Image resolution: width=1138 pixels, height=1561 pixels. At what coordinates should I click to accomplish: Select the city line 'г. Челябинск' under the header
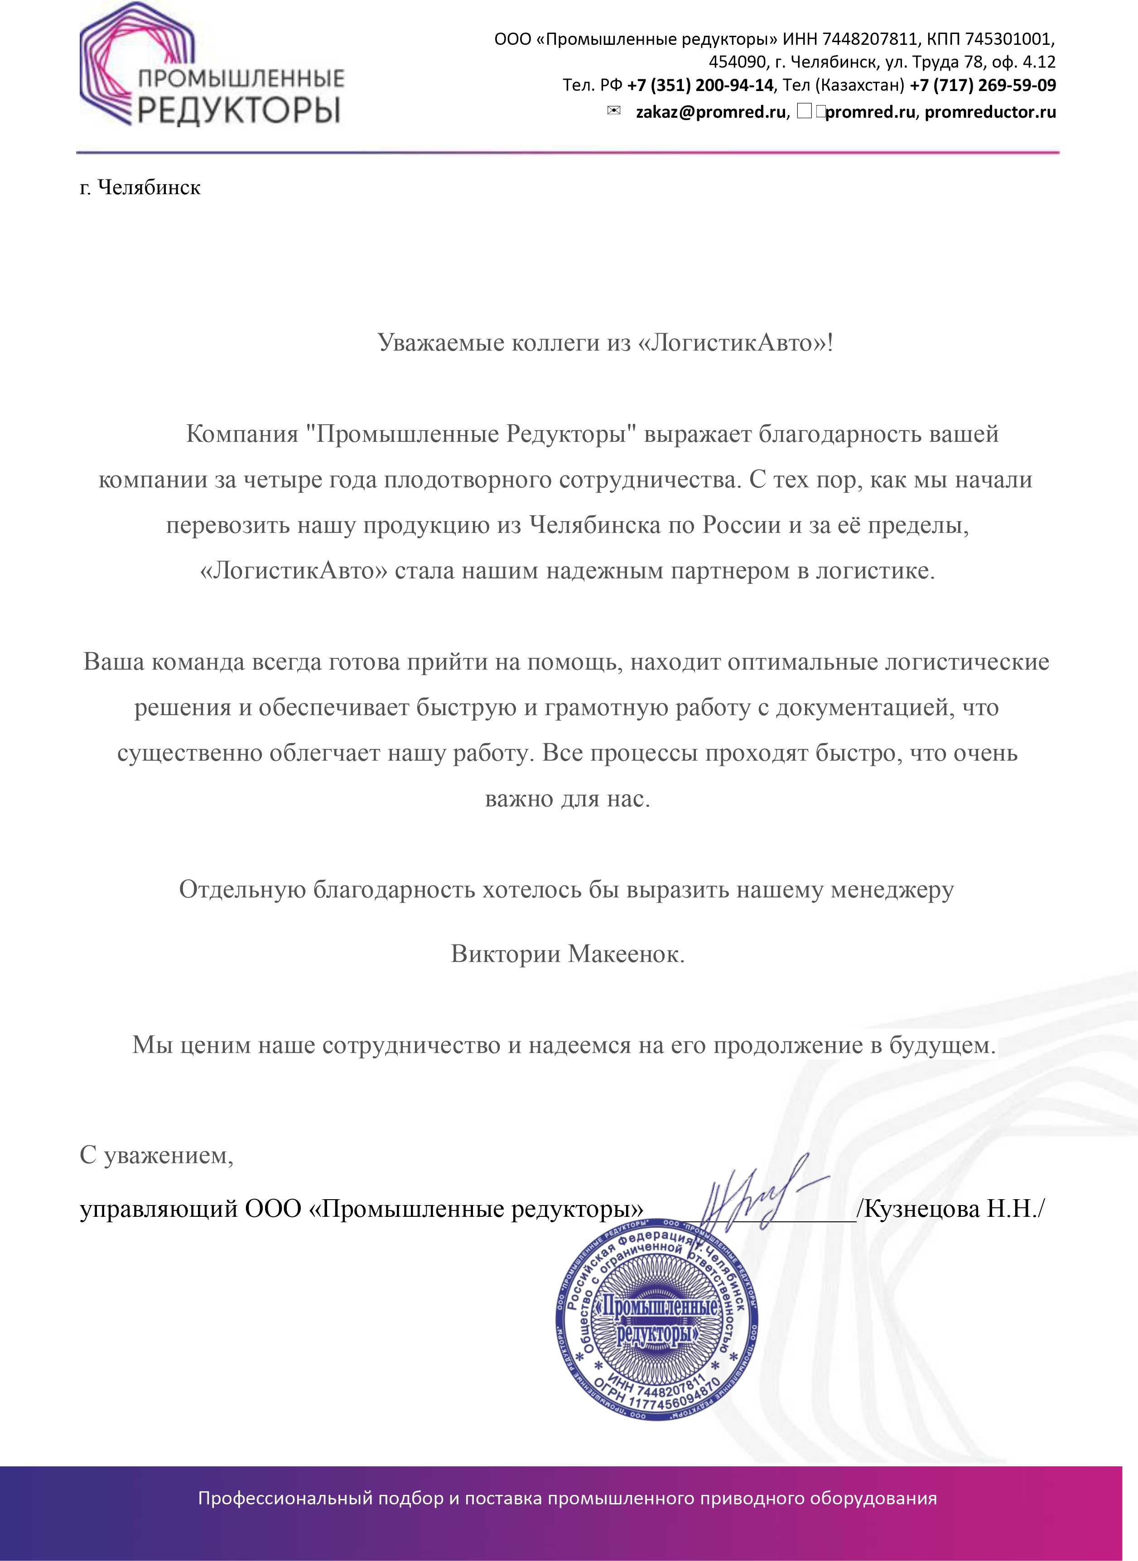click(x=140, y=187)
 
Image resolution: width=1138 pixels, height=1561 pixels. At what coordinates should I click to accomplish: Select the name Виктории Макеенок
click(x=568, y=954)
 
